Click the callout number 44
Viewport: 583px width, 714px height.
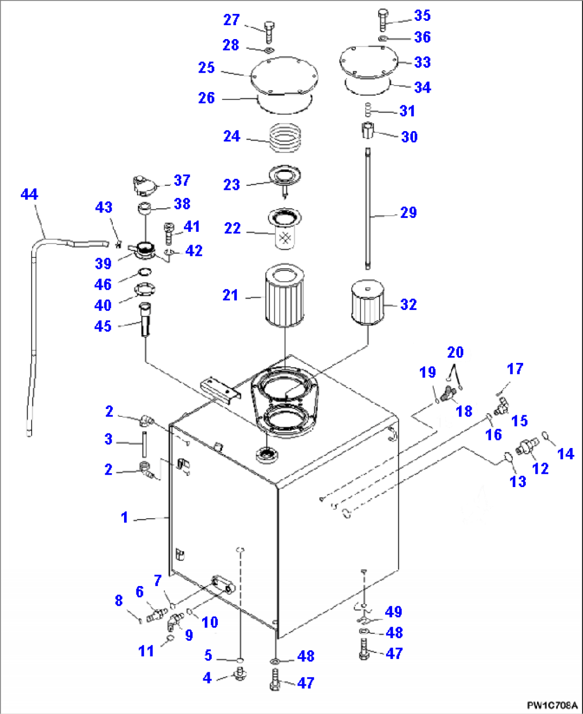tap(29, 194)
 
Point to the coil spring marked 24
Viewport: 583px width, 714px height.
tap(285, 138)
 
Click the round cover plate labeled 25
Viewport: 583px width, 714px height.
tap(285, 77)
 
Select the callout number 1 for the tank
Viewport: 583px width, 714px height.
tap(124, 518)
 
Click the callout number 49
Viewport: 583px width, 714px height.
tap(393, 611)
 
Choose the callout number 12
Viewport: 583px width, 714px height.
tap(540, 469)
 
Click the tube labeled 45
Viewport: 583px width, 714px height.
tap(145, 320)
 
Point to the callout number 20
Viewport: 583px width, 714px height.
tap(455, 352)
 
